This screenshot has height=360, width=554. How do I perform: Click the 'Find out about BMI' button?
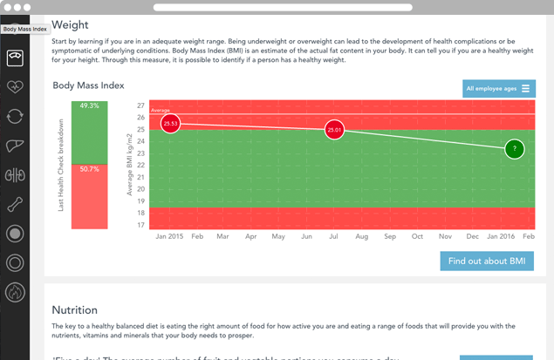click(x=487, y=261)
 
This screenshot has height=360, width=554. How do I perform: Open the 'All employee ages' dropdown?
click(x=499, y=88)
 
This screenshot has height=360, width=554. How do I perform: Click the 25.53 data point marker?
click(x=171, y=124)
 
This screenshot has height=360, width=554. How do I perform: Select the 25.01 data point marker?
click(x=334, y=130)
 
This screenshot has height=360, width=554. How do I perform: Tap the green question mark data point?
click(x=515, y=149)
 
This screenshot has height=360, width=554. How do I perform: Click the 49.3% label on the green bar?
click(x=89, y=105)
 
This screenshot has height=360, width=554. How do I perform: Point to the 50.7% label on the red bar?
click(x=89, y=169)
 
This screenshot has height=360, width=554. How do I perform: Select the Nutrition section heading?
click(x=74, y=309)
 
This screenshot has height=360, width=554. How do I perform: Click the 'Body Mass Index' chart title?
click(x=88, y=85)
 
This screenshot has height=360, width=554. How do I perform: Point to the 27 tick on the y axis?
click(x=140, y=105)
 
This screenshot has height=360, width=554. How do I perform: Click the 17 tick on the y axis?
click(x=140, y=225)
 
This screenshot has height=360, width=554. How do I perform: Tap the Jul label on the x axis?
click(x=334, y=236)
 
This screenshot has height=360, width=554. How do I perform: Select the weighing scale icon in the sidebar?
click(x=15, y=58)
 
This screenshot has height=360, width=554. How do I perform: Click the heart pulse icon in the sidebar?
click(x=15, y=87)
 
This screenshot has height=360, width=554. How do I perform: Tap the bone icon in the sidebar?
click(x=15, y=205)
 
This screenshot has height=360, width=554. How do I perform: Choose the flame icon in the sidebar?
click(x=15, y=292)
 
